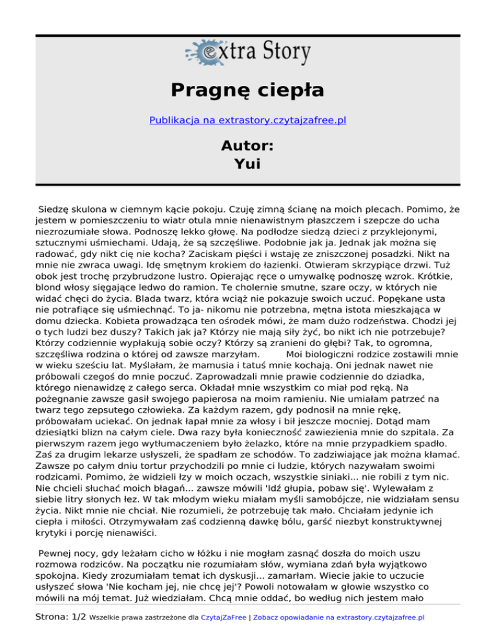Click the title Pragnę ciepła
coord(247,89)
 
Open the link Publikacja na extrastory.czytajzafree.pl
coord(247,120)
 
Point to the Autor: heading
coord(247,145)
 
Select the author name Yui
coord(247,164)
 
